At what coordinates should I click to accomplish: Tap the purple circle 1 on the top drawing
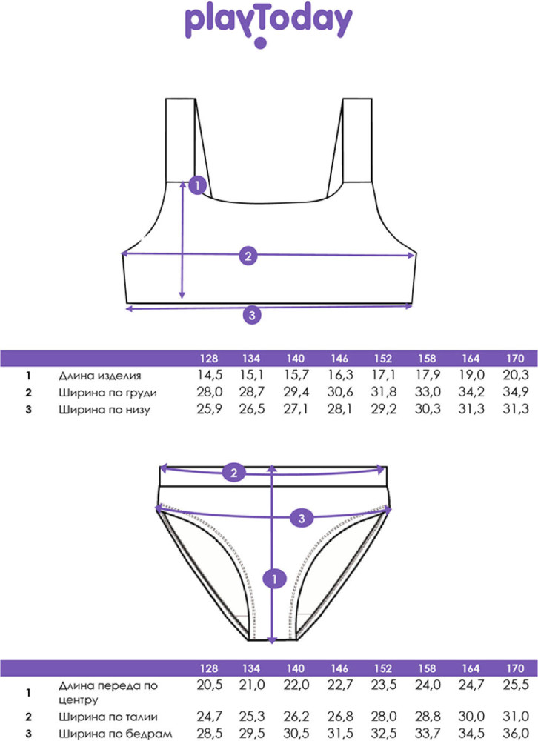(197, 185)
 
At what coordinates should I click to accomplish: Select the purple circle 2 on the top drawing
(248, 256)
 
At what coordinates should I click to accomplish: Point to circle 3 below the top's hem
(252, 315)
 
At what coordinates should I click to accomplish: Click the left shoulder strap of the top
(181, 140)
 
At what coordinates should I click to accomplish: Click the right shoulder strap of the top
(357, 140)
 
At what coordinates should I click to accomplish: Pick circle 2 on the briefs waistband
(234, 473)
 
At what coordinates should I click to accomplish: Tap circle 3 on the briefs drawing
(302, 519)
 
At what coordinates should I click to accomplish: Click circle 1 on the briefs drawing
(275, 579)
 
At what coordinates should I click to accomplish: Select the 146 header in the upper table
(339, 359)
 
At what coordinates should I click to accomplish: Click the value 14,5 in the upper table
(210, 375)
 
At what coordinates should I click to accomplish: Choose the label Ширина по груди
(107, 393)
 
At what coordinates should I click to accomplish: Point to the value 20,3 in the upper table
(516, 375)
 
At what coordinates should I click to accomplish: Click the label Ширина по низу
(104, 410)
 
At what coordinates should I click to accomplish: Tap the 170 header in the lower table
(515, 668)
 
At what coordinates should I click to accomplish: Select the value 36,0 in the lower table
(516, 734)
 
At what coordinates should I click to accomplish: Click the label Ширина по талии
(108, 717)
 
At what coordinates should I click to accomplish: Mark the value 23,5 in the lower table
(383, 685)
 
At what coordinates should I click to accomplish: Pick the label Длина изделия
(100, 376)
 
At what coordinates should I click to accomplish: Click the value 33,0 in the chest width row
(428, 392)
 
